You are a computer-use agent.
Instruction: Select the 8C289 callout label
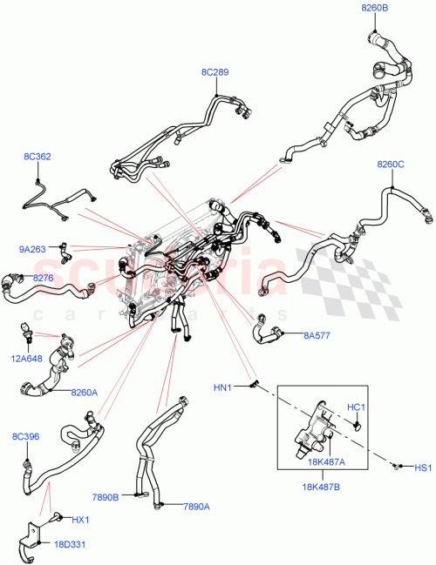[x=215, y=72]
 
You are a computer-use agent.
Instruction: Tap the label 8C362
[x=37, y=157]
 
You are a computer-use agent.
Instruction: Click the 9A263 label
[x=33, y=248]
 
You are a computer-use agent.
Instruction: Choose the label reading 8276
[x=43, y=278]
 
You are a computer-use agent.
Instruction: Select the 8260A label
[x=84, y=392]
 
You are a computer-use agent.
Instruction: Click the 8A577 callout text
[x=317, y=333]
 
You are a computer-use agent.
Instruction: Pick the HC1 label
[x=357, y=407]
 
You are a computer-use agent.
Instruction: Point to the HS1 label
[x=423, y=468]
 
